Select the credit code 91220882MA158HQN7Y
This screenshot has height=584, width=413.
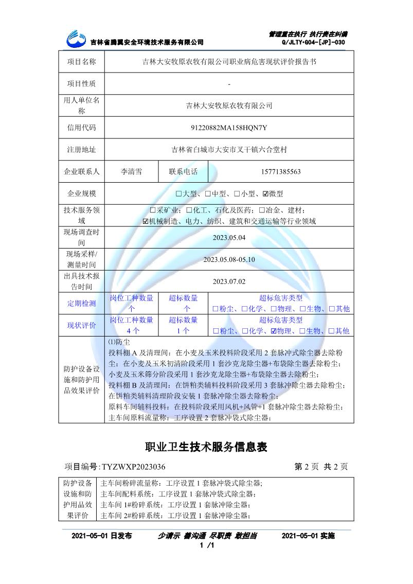[x=229, y=128]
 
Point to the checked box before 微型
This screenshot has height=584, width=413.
[x=265, y=194]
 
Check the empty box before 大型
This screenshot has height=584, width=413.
[x=178, y=194]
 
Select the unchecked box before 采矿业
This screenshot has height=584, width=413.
[x=152, y=210]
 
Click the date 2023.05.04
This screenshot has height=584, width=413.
[x=229, y=238]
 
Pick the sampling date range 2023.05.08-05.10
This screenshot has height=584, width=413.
[x=229, y=259]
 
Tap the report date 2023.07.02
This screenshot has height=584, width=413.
[x=229, y=281]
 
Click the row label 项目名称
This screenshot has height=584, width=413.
[x=81, y=62]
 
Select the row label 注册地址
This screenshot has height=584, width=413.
[x=81, y=150]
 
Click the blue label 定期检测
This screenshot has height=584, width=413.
[x=81, y=303]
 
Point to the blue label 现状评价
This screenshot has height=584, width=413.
[x=81, y=325]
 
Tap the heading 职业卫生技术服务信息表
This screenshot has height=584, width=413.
[x=206, y=447]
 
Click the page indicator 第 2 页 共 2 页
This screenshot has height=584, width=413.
[x=321, y=467]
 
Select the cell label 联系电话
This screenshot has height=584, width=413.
[x=183, y=172]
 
